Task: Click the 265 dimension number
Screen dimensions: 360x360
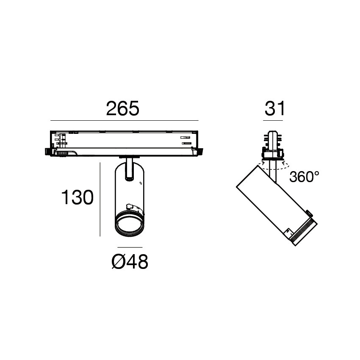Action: coord(122,108)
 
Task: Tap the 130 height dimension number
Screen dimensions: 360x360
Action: coord(78,197)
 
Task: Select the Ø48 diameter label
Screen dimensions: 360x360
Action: coord(130,262)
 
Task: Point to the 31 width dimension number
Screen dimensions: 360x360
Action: coord(274,108)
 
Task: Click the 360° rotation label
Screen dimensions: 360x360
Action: coord(304,177)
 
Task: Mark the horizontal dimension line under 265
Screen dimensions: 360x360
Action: coord(124,120)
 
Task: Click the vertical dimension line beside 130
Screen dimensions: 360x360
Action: coord(100,199)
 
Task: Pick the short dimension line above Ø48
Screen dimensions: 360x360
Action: coord(130,247)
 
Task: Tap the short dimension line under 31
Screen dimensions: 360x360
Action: coord(273,121)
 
